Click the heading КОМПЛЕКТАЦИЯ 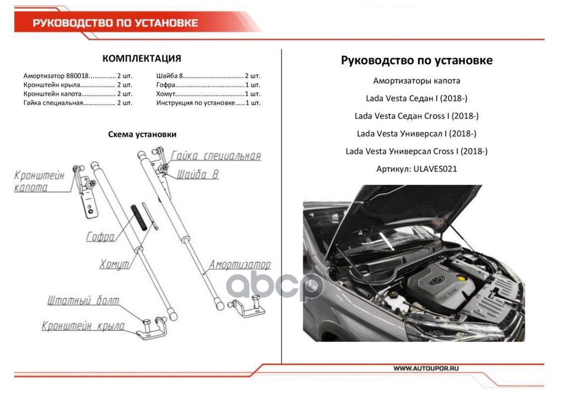coord(141,59)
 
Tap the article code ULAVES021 coord(433,169)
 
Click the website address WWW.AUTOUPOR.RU coord(426,368)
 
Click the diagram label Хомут coord(115,264)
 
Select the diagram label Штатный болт coord(83,301)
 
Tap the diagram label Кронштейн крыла coord(83,326)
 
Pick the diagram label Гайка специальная coord(215,156)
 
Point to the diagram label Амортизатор coord(240,265)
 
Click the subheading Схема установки coord(142,134)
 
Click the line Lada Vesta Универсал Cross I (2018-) coord(416,151)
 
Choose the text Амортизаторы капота coord(416,81)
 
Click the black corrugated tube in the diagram coord(140,217)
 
